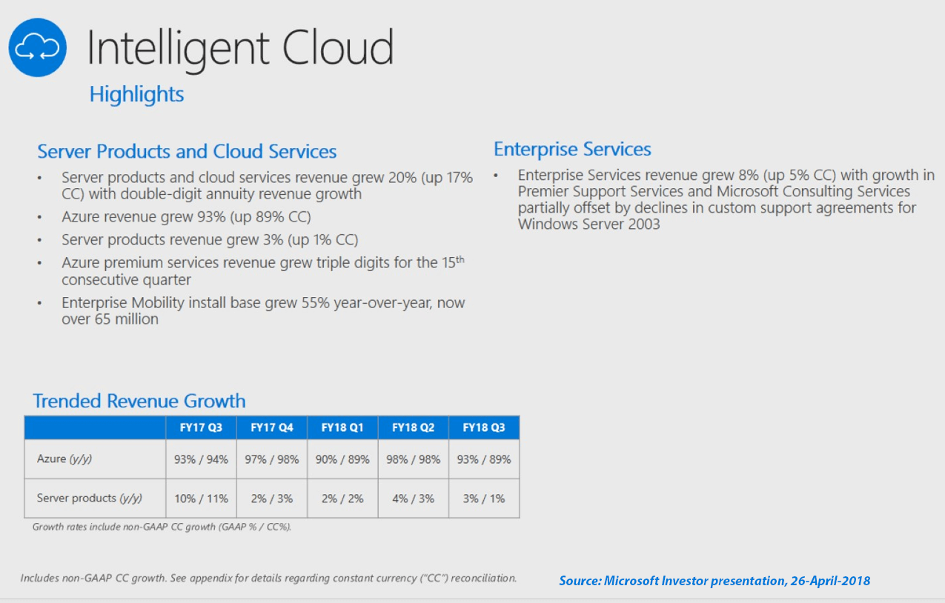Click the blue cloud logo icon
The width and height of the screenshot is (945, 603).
pos(38,47)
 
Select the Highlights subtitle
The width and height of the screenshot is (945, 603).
pos(136,94)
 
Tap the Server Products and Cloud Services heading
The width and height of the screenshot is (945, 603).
pos(187,152)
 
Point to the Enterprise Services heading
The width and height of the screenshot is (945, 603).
pos(572,149)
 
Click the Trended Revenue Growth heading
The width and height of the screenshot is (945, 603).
pos(139,401)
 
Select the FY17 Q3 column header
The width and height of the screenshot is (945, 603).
pos(201,427)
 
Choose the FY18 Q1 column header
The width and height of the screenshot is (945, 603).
pos(342,427)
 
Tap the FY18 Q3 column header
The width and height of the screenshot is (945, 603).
pos(484,427)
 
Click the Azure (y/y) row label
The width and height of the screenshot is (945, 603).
pos(64,459)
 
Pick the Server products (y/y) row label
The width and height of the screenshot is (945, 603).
pos(89,499)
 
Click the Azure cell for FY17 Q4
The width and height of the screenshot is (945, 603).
pos(272,459)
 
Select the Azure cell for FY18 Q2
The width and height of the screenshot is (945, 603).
pos(413,459)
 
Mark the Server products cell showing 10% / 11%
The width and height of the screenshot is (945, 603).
pos(201,499)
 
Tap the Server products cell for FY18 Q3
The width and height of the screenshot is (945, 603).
pos(484,499)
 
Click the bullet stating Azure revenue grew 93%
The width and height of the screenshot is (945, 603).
pos(186,217)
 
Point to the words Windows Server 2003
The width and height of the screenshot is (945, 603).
pos(588,224)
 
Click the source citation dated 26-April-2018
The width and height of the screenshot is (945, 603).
pos(714,581)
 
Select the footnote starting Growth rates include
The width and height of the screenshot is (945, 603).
pos(162,527)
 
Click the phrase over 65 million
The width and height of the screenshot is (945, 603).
pos(110,319)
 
